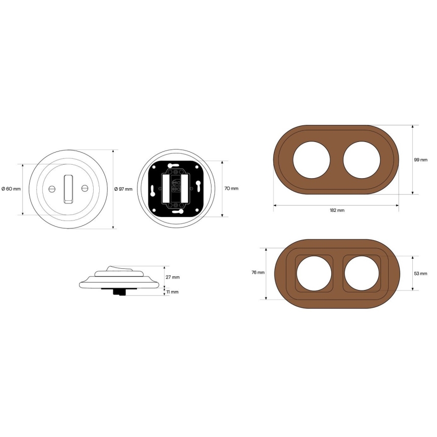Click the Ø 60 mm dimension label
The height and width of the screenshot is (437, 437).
click(11, 189)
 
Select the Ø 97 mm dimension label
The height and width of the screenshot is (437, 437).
click(123, 189)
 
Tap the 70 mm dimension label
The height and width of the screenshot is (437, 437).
click(231, 188)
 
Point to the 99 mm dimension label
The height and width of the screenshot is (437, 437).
click(420, 160)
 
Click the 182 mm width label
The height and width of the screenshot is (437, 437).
click(337, 210)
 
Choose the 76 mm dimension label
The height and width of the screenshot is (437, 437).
click(258, 272)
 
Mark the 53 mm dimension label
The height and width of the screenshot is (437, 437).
click(420, 273)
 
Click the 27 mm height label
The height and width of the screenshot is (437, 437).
click(173, 277)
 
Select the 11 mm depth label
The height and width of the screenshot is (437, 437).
click(172, 292)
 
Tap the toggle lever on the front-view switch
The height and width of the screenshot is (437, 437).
click(68, 189)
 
